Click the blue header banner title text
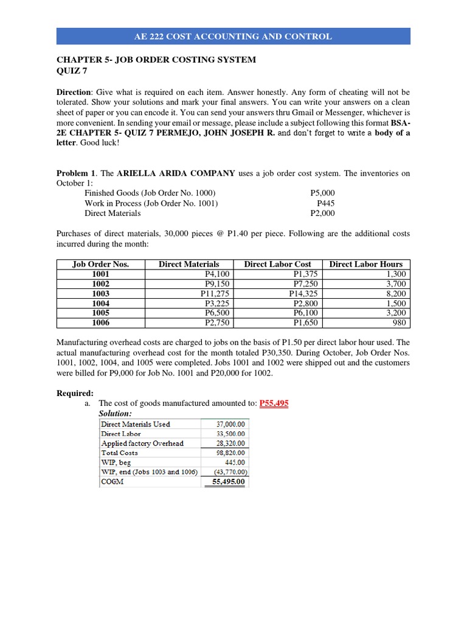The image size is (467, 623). [233, 37]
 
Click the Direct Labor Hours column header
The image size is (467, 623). [366, 264]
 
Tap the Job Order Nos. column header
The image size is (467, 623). [100, 264]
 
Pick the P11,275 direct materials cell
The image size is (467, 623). [215, 293]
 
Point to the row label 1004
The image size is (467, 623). [100, 303]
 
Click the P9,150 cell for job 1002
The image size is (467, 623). [216, 284]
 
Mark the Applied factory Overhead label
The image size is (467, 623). [142, 444]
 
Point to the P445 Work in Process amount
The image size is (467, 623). [325, 203]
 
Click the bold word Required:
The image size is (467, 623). [75, 393]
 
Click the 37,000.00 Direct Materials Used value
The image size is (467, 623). [230, 424]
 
